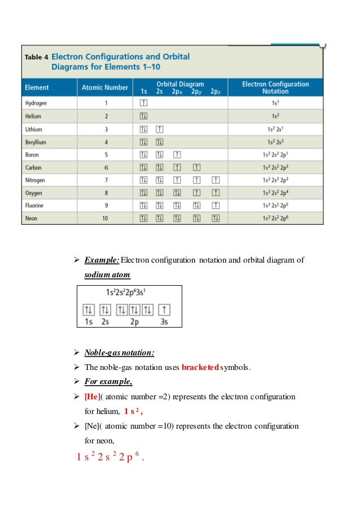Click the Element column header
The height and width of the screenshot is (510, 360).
click(x=37, y=88)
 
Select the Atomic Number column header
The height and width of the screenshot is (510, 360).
click(x=104, y=88)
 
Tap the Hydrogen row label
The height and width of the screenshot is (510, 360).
click(x=36, y=103)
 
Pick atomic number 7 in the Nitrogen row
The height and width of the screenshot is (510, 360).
click(x=104, y=180)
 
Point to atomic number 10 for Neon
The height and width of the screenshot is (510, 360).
click(x=104, y=218)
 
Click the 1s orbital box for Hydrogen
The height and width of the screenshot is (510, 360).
click(x=143, y=103)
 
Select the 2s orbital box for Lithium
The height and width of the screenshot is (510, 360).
click(x=160, y=129)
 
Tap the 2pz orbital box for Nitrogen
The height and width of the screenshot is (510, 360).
click(x=215, y=180)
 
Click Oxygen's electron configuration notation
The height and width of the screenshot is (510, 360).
click(x=275, y=193)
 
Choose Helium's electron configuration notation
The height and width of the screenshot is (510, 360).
click(x=275, y=116)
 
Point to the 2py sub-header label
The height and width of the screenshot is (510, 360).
click(x=196, y=91)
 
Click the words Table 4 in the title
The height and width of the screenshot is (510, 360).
click(x=36, y=57)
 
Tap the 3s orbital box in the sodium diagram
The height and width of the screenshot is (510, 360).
click(x=164, y=310)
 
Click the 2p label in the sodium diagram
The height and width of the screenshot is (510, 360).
click(x=134, y=321)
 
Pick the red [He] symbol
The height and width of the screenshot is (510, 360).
click(x=93, y=396)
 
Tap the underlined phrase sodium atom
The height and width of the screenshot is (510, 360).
click(x=107, y=274)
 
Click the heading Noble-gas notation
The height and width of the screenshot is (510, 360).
click(x=119, y=354)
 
